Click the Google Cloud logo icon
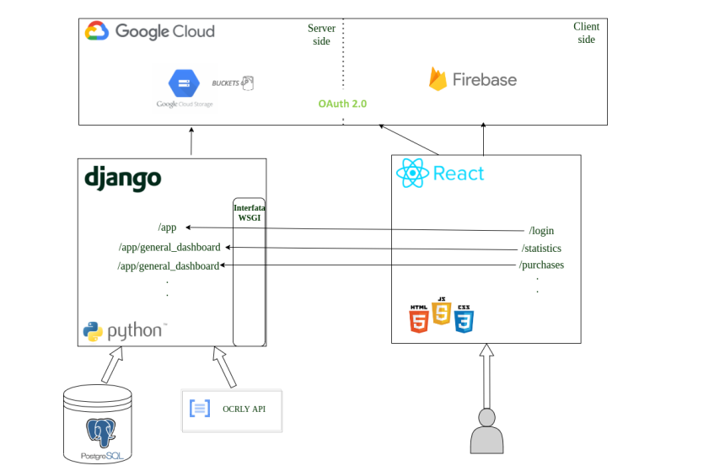(x=96, y=31)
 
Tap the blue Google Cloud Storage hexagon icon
(x=183, y=83)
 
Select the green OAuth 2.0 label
(x=342, y=104)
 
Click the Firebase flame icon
(x=438, y=79)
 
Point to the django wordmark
(x=122, y=179)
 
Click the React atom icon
(x=412, y=173)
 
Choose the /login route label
(x=541, y=231)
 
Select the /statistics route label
(x=541, y=248)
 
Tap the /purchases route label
(x=541, y=265)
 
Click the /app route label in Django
(x=167, y=227)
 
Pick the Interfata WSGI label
(x=249, y=211)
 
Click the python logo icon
(x=93, y=331)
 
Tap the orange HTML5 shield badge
(x=418, y=319)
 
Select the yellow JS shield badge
(x=441, y=312)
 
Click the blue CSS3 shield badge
(x=464, y=319)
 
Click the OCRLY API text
(x=244, y=409)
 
